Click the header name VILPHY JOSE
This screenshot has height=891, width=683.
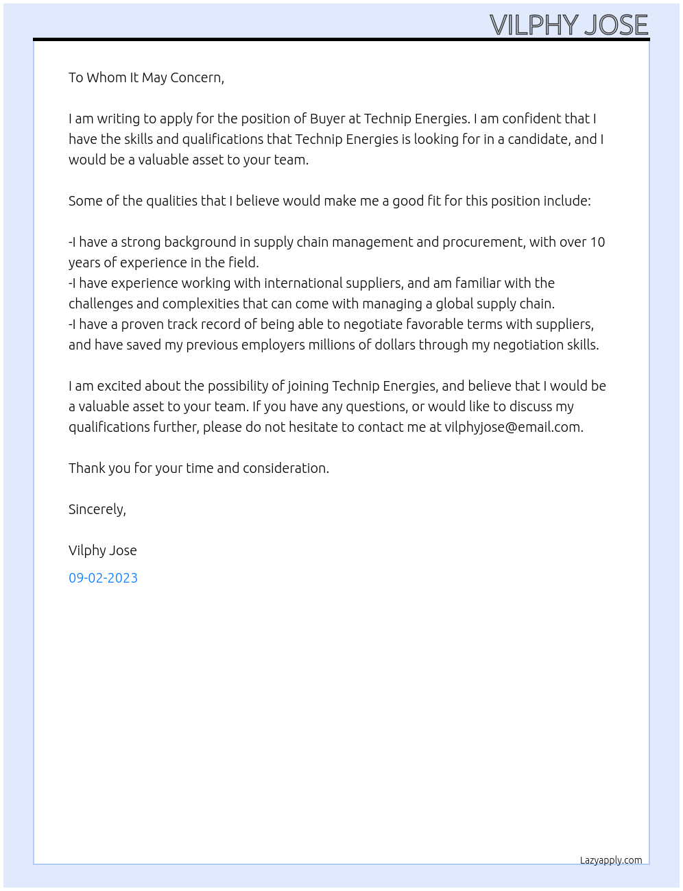pos(568,25)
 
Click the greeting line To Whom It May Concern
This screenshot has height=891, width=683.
pos(146,77)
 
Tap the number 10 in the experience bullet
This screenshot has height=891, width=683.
pos(597,242)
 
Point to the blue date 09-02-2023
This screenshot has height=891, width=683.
pos(103,578)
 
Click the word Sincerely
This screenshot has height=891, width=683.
pos(97,509)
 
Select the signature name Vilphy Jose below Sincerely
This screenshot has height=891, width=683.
pos(103,550)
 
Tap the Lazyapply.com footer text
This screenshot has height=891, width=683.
pos(611,860)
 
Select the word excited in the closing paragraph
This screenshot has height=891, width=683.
pos(120,386)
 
